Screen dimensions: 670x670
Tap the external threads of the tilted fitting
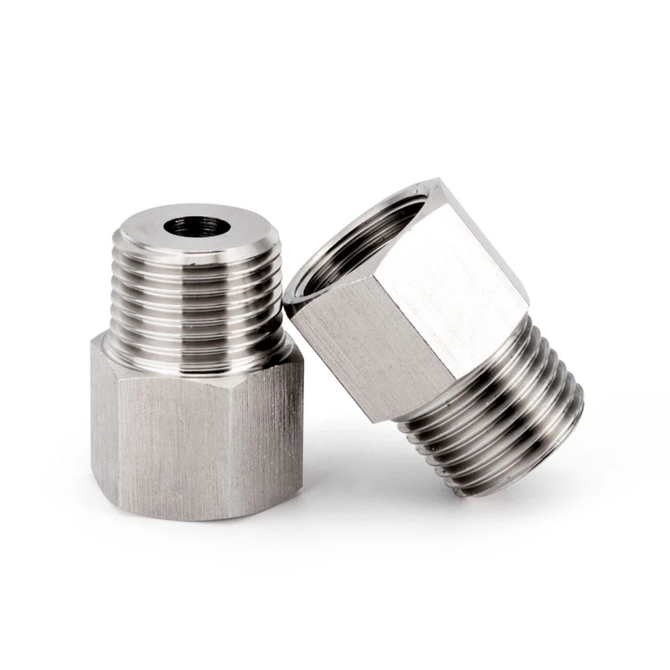click(x=494, y=410)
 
